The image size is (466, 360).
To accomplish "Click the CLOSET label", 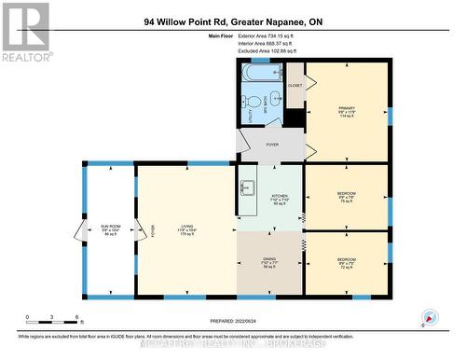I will pyautogui.click(x=295, y=85).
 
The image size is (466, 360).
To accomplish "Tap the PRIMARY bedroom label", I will pyautogui.click(x=347, y=112).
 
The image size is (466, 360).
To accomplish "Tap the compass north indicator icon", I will pyautogui.click(x=430, y=318).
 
